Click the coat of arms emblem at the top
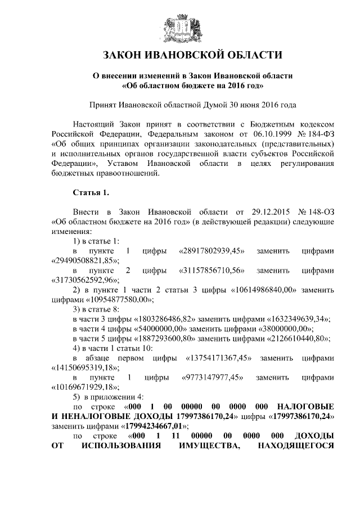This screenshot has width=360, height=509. coord(180,28)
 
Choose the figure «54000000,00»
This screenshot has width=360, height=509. coord(160,328)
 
